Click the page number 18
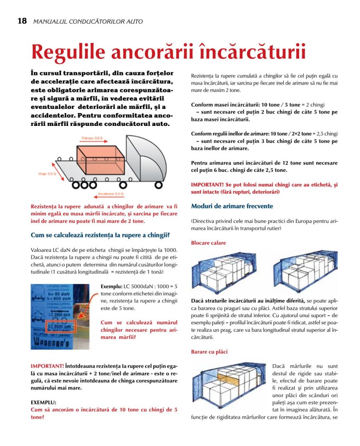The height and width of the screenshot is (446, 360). coord(22,21)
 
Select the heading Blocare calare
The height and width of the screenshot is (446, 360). coord(208,243)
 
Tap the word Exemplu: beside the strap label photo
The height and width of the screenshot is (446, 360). coord(111,286)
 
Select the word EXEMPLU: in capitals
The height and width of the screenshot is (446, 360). coord(43,402)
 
